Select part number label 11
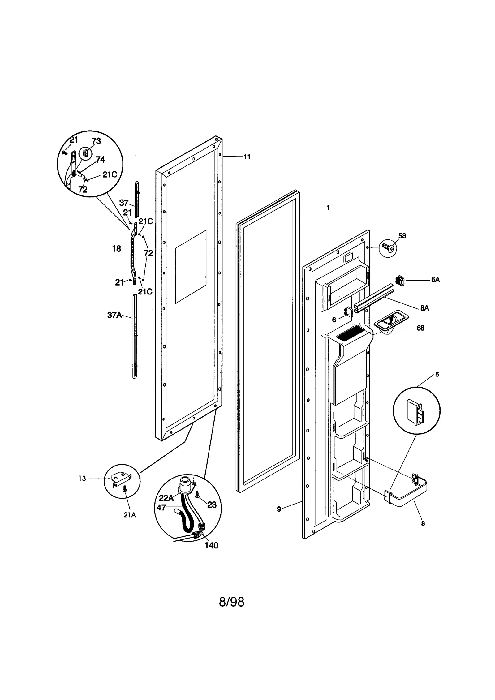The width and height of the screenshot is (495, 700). click(x=247, y=157)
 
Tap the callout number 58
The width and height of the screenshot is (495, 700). click(x=402, y=236)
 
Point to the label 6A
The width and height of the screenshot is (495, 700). click(x=435, y=280)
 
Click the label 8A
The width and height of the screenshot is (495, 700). click(x=424, y=308)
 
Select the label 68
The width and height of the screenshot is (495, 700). click(x=420, y=328)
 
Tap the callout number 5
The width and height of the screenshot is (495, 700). click(x=437, y=375)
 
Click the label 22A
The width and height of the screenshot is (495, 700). click(x=166, y=498)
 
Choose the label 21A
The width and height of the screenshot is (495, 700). click(x=130, y=515)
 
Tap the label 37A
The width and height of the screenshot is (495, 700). click(x=114, y=315)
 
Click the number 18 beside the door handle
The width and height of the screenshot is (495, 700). click(x=117, y=249)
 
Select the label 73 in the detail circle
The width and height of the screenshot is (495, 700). click(x=96, y=141)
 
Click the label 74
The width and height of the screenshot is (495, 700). click(x=100, y=160)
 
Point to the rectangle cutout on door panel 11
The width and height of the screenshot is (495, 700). click(x=191, y=266)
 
